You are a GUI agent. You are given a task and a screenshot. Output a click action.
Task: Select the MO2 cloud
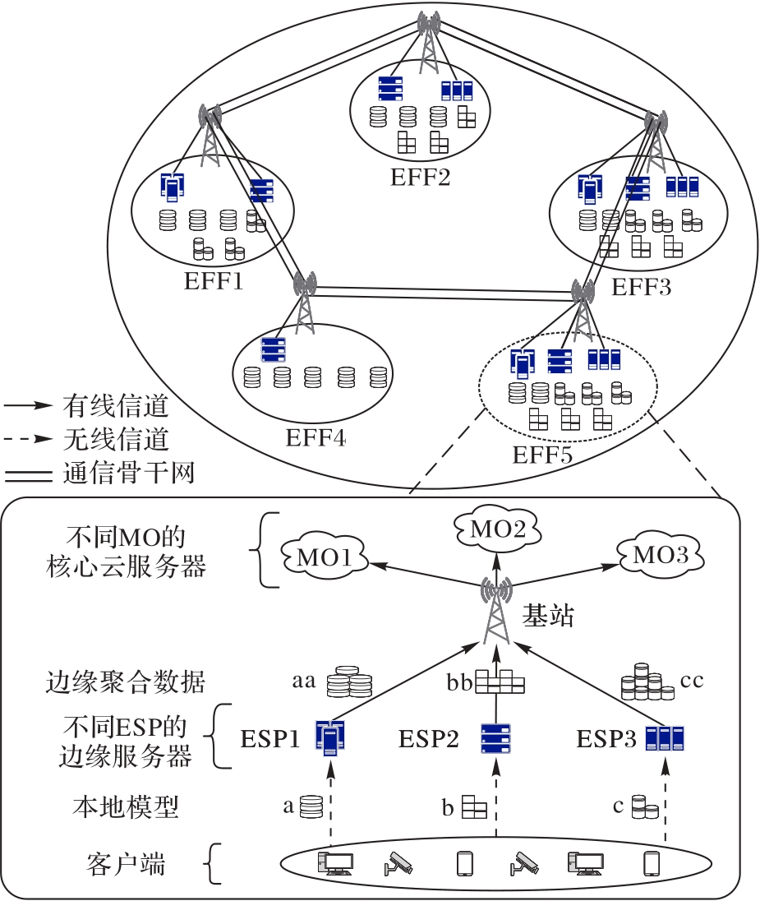tap(495, 529)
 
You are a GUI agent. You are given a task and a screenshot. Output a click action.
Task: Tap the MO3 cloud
tap(659, 555)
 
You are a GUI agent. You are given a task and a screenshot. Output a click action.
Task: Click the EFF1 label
tap(214, 283)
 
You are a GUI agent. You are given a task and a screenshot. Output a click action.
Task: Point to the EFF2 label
tap(421, 177)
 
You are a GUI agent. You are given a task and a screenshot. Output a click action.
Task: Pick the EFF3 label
tap(642, 288)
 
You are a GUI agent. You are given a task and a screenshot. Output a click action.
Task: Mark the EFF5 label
tap(542, 454)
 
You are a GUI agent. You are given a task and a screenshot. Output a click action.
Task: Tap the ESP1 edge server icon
tap(329, 738)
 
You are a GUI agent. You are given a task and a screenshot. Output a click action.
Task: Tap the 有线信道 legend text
tap(116, 406)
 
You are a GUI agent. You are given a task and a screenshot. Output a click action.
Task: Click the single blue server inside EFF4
tap(273, 350)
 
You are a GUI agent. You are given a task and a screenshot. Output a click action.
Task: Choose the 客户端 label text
tap(126, 864)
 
